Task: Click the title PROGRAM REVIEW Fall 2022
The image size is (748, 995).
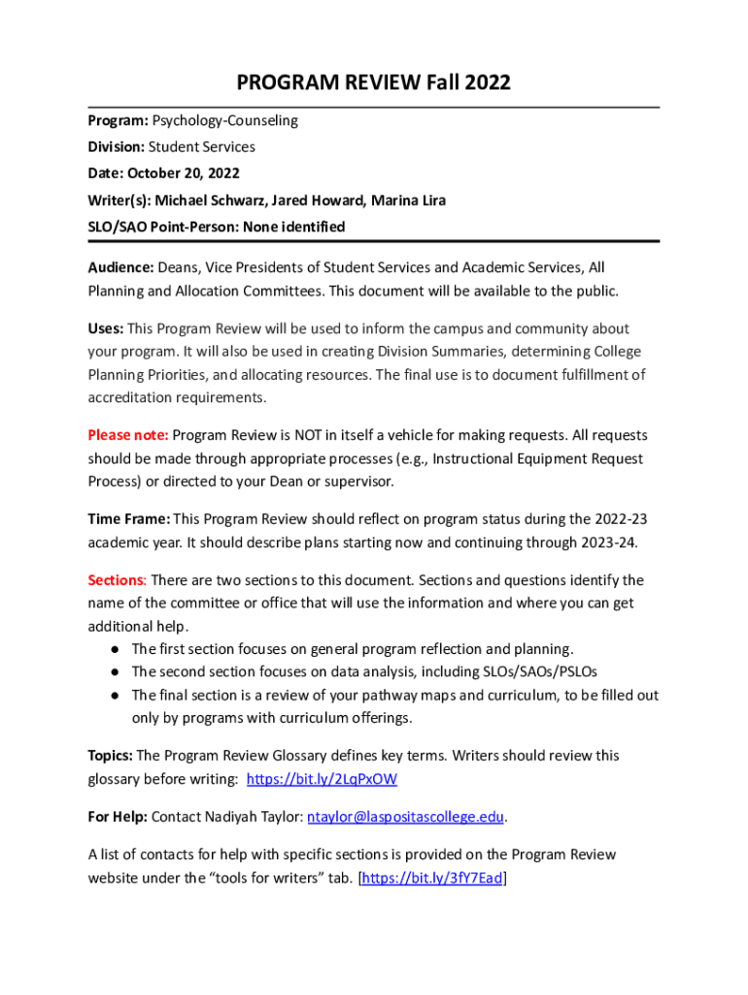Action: pyautogui.click(x=373, y=84)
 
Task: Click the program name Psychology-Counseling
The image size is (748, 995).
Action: pyautogui.click(x=224, y=121)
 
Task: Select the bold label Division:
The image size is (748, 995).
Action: pyautogui.click(x=116, y=148)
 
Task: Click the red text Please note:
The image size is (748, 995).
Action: pyautogui.click(x=128, y=435)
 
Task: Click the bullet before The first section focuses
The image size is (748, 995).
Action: pyautogui.click(x=114, y=649)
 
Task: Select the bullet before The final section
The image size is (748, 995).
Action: pyautogui.click(x=114, y=696)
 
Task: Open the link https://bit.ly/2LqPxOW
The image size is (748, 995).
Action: pyautogui.click(x=322, y=779)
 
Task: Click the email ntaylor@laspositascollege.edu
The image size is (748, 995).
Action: pyautogui.click(x=406, y=817)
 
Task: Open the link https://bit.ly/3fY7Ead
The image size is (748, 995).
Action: pyautogui.click(x=432, y=879)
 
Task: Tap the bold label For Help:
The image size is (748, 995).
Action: pyautogui.click(x=118, y=817)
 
